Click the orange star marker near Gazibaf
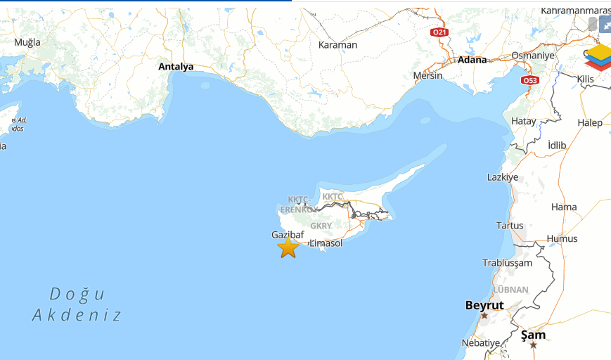(x=288, y=247)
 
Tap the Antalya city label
(x=176, y=67)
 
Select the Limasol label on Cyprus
(x=326, y=243)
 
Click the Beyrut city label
(x=484, y=305)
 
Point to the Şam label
(x=533, y=335)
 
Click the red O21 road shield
(x=439, y=32)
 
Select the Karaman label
(x=337, y=45)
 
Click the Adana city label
(x=472, y=60)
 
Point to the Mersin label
(x=427, y=75)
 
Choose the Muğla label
(x=27, y=42)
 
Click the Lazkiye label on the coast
(x=503, y=177)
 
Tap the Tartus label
(x=510, y=226)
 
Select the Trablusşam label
(x=508, y=263)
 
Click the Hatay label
(x=523, y=121)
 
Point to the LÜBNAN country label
(x=510, y=290)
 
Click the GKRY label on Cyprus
(x=321, y=226)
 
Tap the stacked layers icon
(x=599, y=56)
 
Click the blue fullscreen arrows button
(x=605, y=24)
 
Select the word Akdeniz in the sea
(x=77, y=315)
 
